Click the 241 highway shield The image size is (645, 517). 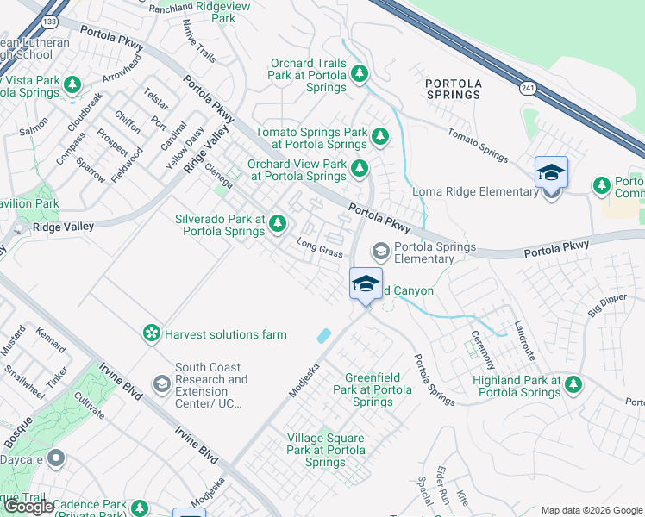click(x=527, y=87)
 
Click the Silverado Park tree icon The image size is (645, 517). click(x=277, y=224)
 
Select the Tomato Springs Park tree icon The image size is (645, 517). click(x=379, y=136)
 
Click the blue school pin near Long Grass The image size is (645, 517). click(x=366, y=283)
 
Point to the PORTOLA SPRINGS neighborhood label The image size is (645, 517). click(x=453, y=89)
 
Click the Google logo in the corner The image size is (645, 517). click(x=28, y=506)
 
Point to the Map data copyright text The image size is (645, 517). click(x=591, y=510)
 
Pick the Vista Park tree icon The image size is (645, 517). click(x=73, y=84)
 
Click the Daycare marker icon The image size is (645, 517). click(x=57, y=457)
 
